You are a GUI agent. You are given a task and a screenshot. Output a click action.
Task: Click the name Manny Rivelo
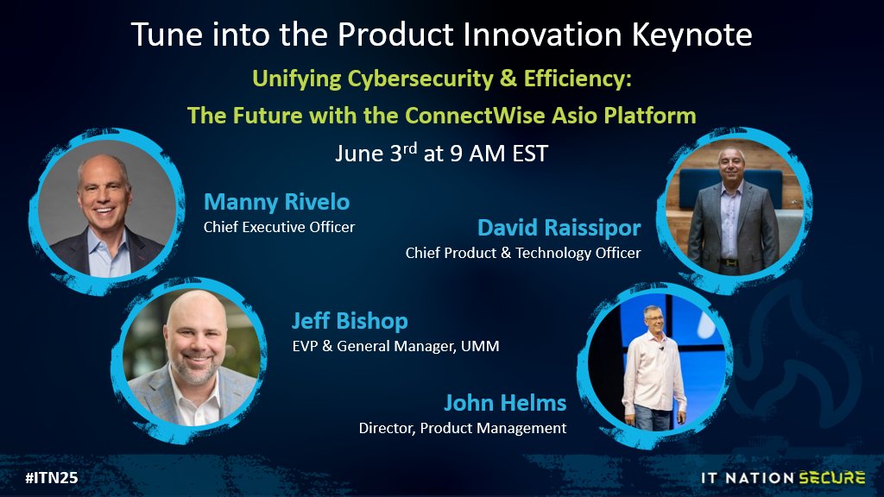[276, 203]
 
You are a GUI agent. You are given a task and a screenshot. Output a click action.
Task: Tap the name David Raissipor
[559, 229]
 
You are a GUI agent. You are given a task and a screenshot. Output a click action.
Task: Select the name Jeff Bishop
[349, 322]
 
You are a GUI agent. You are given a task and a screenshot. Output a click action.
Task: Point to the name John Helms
[505, 403]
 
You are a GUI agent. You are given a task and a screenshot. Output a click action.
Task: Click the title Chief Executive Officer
[279, 228]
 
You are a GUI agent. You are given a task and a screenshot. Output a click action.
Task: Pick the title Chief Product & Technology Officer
[523, 254]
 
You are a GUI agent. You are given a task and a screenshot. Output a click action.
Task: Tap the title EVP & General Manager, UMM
[395, 347]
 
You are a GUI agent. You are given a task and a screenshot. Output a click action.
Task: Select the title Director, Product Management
[463, 428]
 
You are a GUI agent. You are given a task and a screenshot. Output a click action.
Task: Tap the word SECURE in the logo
[830, 477]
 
